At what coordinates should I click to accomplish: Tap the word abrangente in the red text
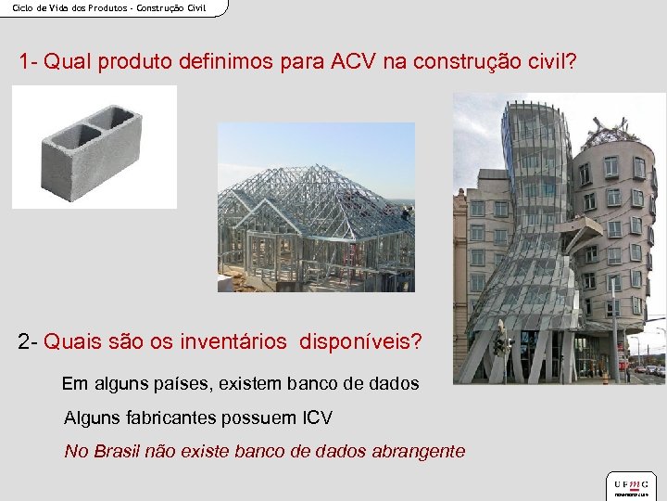point(418,452)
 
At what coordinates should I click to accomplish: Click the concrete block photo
point(94,147)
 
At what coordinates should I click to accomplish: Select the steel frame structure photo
point(316,207)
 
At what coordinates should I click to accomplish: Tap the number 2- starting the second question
point(28,341)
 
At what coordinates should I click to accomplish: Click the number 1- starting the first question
point(28,62)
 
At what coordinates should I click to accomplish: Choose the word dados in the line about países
point(395,383)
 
